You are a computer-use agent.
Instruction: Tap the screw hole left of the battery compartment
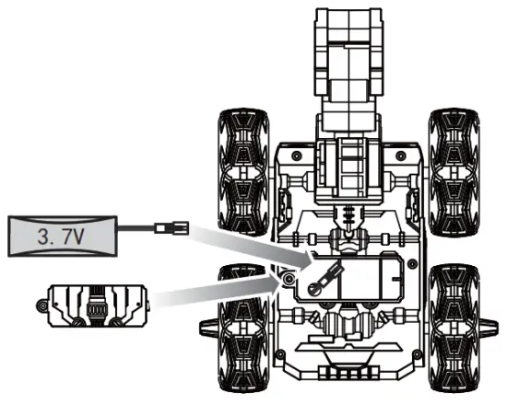(289, 277)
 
